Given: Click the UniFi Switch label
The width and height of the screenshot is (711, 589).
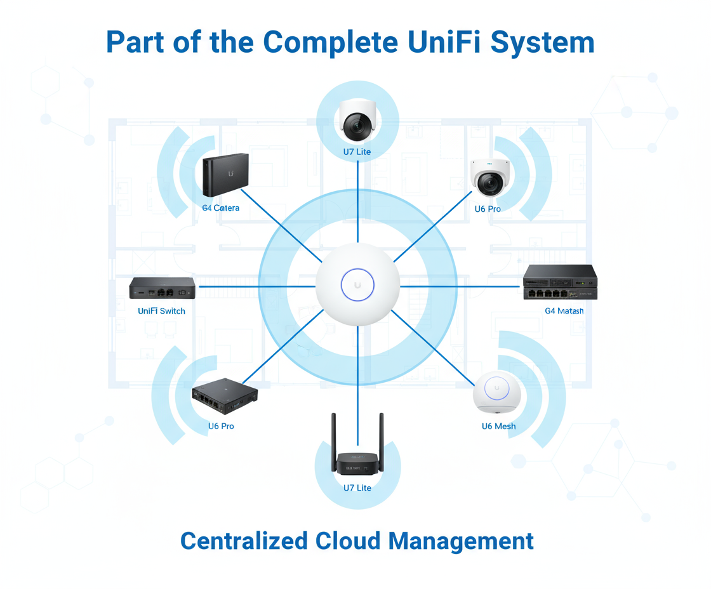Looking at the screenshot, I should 162,311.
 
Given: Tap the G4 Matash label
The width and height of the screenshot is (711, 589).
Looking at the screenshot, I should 564,311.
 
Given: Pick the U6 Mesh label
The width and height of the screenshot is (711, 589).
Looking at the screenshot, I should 498,426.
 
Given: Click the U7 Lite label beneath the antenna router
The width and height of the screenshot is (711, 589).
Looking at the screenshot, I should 357,488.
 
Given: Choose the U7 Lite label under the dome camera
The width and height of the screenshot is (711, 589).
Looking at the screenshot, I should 357,152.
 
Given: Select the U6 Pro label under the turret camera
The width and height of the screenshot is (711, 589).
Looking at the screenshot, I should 488,209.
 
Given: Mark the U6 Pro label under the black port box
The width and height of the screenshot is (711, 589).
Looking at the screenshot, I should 221,426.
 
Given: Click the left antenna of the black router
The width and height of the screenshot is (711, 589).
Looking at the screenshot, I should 333,441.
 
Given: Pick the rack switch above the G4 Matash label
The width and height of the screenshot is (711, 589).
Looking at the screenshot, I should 560,283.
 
